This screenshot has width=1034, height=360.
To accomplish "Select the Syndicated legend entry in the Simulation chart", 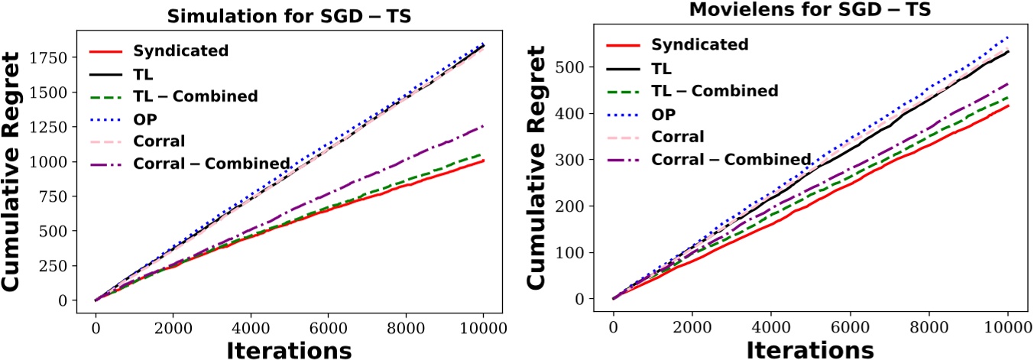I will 179,51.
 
